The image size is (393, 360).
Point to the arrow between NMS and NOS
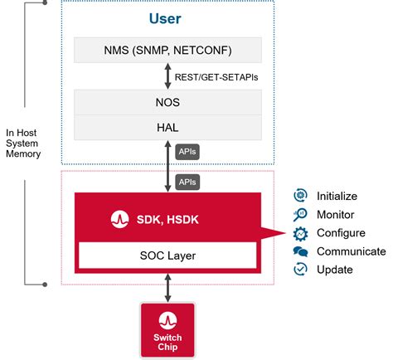click(169, 76)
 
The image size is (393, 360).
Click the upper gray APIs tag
click(187, 153)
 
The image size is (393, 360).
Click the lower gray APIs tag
click(187, 180)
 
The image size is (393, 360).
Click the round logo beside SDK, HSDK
click(119, 220)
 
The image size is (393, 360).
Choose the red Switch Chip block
click(169, 329)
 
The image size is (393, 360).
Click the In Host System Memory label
click(23, 144)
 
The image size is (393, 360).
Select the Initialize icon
click(300, 196)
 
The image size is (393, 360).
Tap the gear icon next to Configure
click(300, 233)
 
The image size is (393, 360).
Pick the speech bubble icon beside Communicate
click(300, 251)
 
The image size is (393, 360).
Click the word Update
click(335, 270)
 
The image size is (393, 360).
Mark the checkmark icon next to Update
click(300, 270)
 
